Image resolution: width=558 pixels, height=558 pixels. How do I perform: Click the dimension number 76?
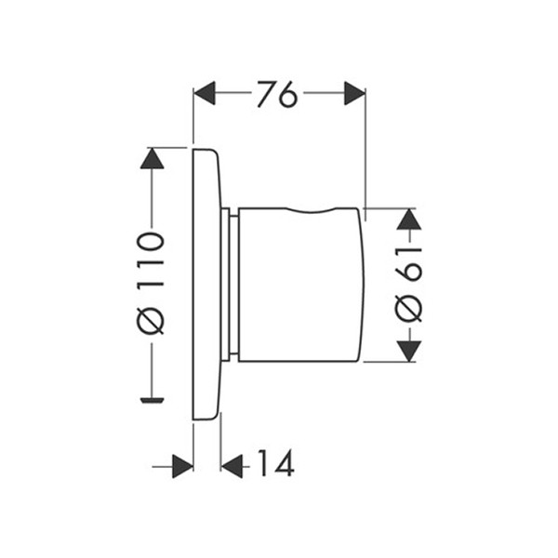tap(276, 94)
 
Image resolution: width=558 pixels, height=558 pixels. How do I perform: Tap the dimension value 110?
tap(150, 259)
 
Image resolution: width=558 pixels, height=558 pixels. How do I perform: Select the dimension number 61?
tap(408, 264)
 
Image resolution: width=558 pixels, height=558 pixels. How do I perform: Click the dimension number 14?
tap(276, 463)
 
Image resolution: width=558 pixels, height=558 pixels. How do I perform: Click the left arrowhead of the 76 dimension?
tap(205, 93)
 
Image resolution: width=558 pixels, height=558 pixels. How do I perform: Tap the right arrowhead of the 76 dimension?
tap(355, 93)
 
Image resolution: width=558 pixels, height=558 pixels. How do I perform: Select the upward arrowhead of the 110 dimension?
tap(152, 158)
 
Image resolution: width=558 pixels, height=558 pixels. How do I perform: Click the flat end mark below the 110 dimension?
tap(152, 400)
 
